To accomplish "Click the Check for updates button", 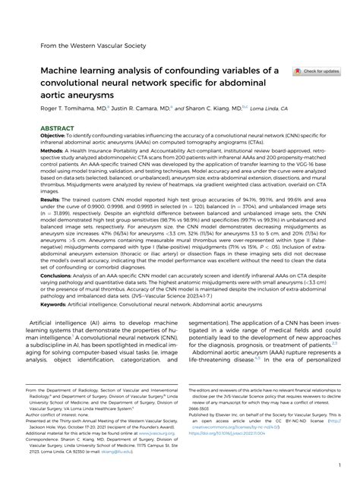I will coord(317,71).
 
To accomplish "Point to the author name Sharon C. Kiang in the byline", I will coord(176,109).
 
